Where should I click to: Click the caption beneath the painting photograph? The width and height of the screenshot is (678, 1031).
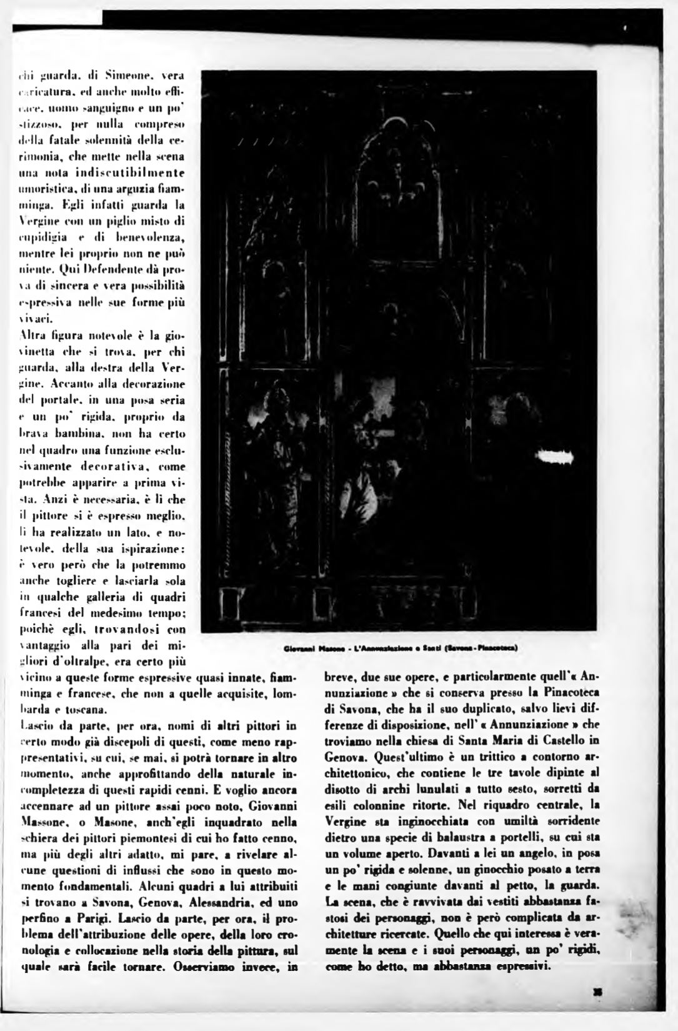[400, 648]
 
